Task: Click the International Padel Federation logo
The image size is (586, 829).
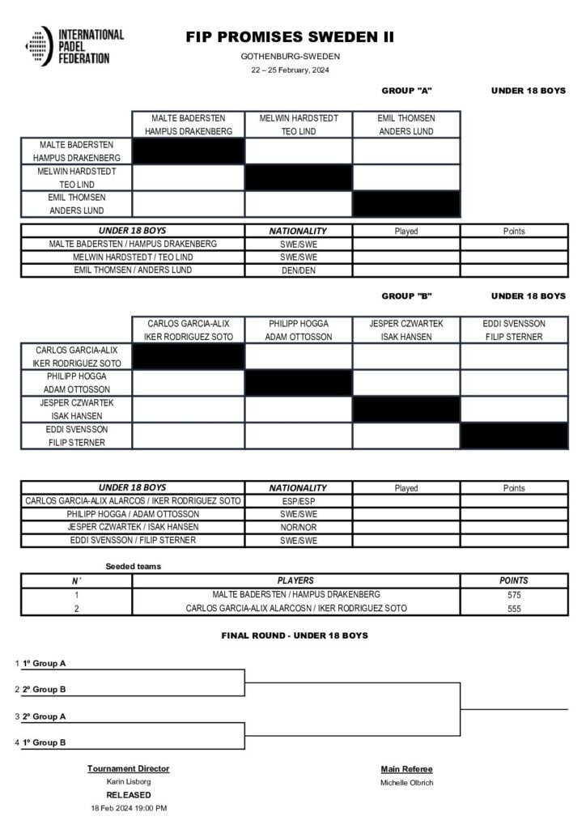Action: coord(74,46)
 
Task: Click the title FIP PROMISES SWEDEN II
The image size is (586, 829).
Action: coord(290,37)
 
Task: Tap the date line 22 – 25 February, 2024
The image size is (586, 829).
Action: coord(290,70)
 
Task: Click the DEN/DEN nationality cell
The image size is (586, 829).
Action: coord(298,270)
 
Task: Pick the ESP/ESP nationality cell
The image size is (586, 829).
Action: coord(298,501)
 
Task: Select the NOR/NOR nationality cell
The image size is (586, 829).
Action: coord(298,527)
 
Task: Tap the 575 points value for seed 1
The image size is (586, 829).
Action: coord(514,595)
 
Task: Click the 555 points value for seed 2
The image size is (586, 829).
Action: coord(514,608)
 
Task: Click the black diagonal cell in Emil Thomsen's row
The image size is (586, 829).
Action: coord(406,204)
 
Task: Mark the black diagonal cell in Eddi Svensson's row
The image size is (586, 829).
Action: coord(514,436)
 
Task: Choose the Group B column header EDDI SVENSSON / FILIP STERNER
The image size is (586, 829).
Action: coord(514,329)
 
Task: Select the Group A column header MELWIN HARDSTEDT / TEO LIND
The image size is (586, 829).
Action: coord(298,125)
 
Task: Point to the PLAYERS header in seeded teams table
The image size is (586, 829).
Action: coord(295,580)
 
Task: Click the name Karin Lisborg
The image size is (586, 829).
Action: coord(129,781)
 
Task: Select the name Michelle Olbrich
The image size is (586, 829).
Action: coord(406,782)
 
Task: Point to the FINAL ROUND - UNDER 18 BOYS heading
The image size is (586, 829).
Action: coord(295,636)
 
